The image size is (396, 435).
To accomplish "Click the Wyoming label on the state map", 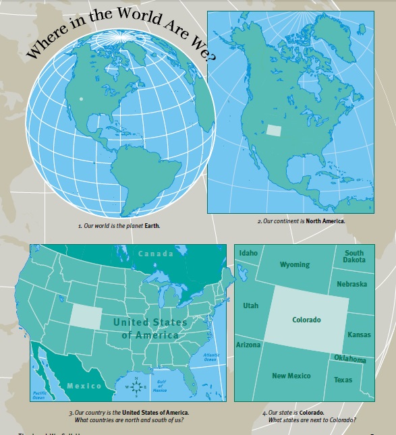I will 295,264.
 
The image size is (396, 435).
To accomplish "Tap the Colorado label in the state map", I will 306,320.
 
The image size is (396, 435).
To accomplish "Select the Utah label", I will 250,306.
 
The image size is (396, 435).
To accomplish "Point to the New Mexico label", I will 291,376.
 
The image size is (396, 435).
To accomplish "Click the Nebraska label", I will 351,284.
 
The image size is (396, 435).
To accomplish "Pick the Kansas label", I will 358,335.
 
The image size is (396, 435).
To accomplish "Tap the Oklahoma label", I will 349,359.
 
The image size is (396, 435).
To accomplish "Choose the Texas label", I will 343,380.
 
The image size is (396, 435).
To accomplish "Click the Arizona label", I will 248,345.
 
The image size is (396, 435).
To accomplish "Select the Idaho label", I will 248,253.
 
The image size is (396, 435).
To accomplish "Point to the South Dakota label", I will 354,256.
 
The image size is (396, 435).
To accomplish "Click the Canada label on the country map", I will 155,254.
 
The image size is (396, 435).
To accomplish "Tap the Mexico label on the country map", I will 84,386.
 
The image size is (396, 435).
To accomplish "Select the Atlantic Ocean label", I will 210,357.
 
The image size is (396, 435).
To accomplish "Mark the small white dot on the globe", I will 81,99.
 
